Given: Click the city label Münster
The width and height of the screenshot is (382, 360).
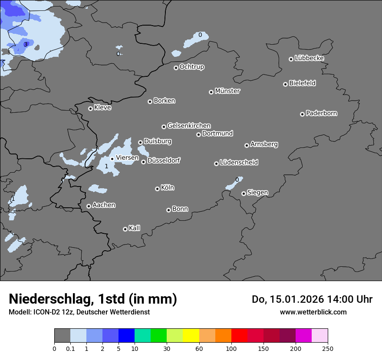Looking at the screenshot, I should (x=227, y=91).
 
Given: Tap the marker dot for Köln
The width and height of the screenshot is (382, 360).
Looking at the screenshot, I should (x=157, y=189).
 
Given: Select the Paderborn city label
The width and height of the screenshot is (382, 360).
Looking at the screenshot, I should (x=321, y=113).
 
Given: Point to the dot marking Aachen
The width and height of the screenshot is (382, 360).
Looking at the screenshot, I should (x=89, y=206).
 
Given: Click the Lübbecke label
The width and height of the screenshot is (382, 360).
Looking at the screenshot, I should (x=309, y=58).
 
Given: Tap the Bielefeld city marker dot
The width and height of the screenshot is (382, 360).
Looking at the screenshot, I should (x=285, y=84).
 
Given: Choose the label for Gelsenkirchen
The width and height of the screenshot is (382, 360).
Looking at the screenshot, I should (x=189, y=126).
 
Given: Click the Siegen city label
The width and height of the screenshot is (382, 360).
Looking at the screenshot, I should (x=257, y=192).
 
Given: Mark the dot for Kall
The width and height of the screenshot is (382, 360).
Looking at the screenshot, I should (x=125, y=229).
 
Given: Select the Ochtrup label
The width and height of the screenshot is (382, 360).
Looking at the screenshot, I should (x=191, y=67).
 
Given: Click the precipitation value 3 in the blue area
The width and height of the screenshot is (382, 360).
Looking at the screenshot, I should (x=26, y=44).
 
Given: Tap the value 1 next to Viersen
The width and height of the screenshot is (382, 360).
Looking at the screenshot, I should (x=106, y=166).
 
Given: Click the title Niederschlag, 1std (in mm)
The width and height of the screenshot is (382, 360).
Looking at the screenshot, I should (x=93, y=299).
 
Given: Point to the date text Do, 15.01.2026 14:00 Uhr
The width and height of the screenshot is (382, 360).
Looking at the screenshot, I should (x=312, y=299).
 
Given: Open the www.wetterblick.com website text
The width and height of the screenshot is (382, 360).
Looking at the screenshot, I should (x=313, y=312).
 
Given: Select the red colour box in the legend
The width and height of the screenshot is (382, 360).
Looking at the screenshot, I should (x=239, y=336).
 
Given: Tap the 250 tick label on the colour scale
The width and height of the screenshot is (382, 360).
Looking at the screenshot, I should (x=327, y=348).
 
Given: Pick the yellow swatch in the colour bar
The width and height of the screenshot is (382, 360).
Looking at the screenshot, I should (x=191, y=336).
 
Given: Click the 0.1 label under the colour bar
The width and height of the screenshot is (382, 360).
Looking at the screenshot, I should (x=70, y=348).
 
